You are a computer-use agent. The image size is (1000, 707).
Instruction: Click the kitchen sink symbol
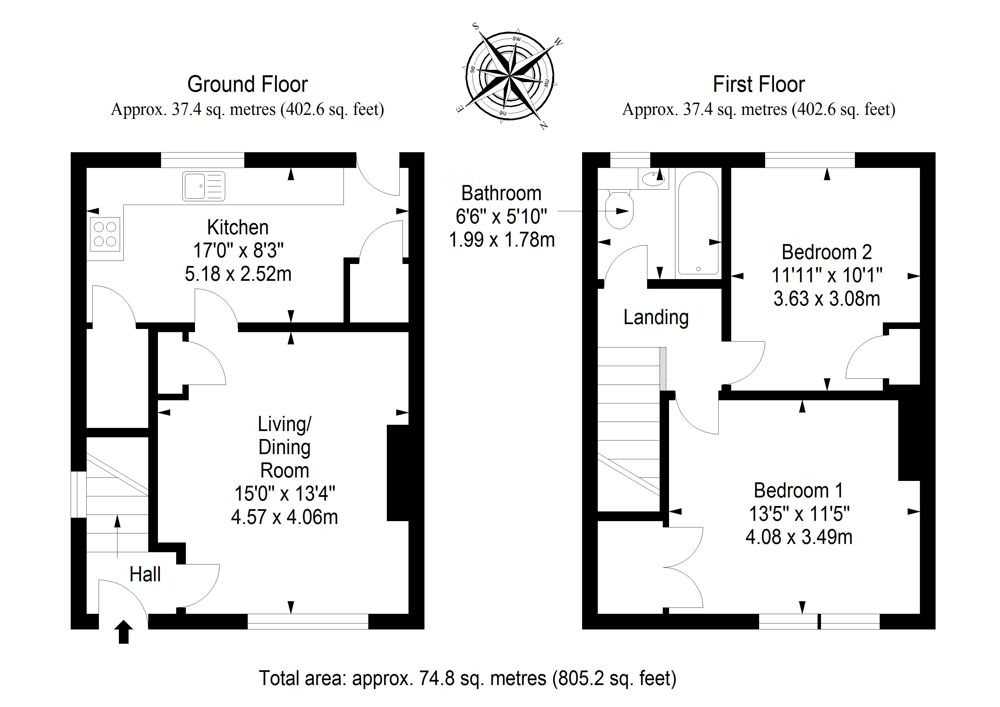204,186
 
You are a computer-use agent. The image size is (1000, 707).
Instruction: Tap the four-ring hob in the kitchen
105,234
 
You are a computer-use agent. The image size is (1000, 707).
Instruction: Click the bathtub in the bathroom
698,223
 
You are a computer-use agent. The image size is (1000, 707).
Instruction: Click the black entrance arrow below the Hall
124,632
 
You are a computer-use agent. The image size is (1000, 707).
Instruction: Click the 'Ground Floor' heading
247,84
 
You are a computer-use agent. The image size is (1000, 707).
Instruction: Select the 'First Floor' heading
759,84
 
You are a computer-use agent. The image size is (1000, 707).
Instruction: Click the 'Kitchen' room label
238,227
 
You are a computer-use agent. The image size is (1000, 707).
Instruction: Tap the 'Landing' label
656,318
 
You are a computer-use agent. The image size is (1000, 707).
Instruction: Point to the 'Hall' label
145,574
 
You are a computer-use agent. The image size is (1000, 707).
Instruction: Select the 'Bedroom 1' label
798,491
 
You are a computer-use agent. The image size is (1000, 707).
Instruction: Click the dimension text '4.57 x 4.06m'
284,517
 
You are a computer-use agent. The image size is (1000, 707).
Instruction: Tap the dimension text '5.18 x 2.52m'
238,274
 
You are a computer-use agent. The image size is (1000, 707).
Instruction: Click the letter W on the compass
558,42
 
